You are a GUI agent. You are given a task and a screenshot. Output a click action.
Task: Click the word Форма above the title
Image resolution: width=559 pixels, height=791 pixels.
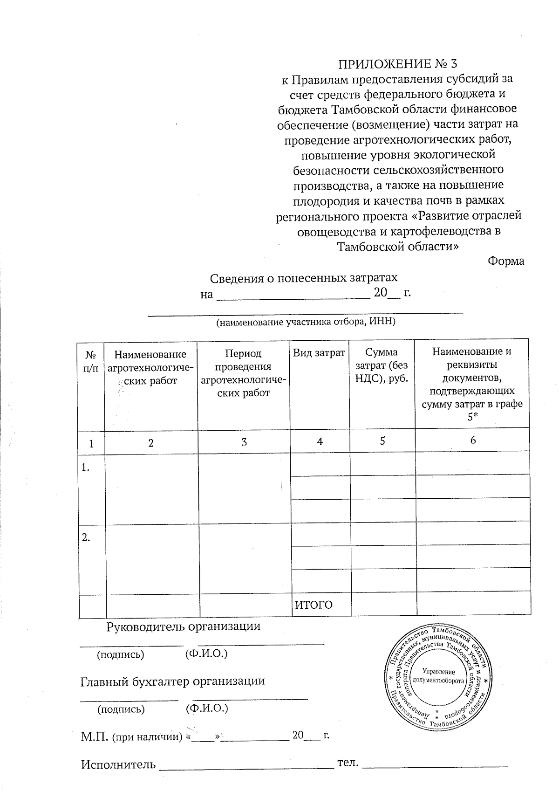[505, 261]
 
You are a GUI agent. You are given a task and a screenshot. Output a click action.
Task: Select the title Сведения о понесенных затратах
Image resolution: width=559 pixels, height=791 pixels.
[304, 278]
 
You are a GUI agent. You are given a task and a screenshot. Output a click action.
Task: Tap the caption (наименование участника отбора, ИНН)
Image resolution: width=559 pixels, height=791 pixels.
[306, 322]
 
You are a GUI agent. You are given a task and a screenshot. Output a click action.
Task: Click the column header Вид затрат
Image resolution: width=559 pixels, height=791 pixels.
[319, 353]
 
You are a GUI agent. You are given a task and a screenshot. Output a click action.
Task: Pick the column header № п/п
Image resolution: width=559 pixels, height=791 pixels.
[91, 361]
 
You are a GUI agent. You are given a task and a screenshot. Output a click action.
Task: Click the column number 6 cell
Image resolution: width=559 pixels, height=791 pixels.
[473, 440]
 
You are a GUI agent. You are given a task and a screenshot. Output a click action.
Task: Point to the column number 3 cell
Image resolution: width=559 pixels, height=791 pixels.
[244, 442]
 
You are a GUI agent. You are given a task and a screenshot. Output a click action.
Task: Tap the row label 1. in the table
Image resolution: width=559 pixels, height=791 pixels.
[85, 468]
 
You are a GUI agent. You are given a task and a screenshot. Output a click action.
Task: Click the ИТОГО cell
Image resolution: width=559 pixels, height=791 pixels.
[314, 605]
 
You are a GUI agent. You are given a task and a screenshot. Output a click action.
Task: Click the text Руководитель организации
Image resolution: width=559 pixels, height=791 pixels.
[184, 626]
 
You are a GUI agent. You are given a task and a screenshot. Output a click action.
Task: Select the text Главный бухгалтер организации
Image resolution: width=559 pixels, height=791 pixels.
[173, 681]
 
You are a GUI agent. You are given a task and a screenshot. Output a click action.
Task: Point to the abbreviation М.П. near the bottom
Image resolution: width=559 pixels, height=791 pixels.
[95, 736]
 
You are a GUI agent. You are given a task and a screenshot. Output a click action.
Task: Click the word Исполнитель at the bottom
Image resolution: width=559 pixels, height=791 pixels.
[118, 764]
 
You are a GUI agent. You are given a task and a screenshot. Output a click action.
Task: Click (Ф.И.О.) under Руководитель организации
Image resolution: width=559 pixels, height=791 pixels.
[206, 654]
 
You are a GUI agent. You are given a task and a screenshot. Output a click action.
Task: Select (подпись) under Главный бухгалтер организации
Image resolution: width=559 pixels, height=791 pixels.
[121, 709]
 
